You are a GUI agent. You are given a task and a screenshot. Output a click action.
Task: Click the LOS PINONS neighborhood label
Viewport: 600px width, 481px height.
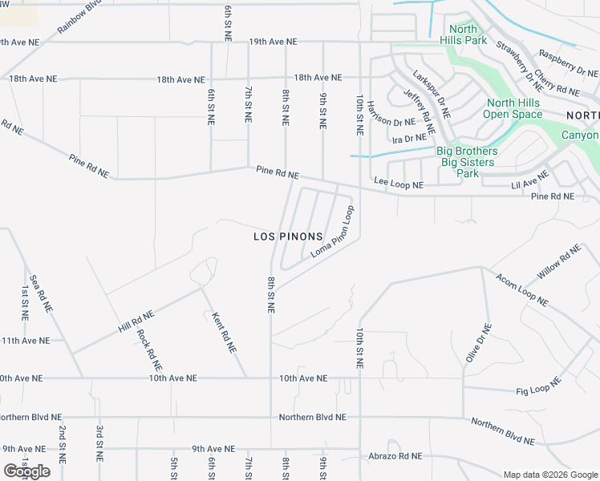(x=288, y=236)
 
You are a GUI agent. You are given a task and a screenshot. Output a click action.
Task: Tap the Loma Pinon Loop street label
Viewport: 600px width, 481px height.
(x=332, y=232)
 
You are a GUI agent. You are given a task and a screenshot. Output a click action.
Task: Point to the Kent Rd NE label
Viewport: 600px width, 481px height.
(x=223, y=333)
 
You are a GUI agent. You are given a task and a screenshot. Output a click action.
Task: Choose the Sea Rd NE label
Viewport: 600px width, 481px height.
(x=41, y=293)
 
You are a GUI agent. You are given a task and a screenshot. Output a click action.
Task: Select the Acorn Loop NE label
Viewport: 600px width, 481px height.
(x=521, y=290)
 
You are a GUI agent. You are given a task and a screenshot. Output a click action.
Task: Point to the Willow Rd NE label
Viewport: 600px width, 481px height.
(x=559, y=264)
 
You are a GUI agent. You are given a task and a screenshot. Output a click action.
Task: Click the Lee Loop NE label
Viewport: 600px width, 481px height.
(x=398, y=185)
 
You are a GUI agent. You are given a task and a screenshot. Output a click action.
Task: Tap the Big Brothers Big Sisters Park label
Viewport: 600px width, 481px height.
(x=467, y=162)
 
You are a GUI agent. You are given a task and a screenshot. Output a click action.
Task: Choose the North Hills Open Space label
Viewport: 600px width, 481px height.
(x=514, y=108)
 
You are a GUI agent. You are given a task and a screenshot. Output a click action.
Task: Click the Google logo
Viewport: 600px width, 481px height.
(x=26, y=471)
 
